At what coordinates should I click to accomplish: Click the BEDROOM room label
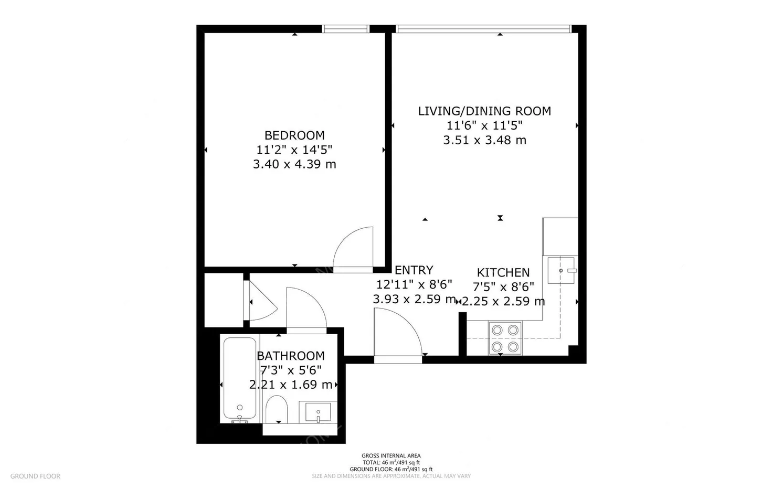tap(294, 135)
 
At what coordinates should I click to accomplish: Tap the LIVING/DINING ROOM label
tap(484, 111)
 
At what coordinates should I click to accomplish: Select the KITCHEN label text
tap(503, 272)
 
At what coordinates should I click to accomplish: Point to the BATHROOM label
tap(290, 355)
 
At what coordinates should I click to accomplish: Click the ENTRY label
tap(414, 270)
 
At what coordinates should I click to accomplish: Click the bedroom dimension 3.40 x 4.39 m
tap(294, 164)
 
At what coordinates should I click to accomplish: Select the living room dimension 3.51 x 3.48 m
tap(484, 140)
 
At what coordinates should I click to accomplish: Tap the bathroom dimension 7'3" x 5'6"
tap(290, 370)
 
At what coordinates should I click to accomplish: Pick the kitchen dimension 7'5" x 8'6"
tap(503, 287)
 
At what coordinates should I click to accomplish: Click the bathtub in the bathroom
tap(240, 379)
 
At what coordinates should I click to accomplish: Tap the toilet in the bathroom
tap(277, 409)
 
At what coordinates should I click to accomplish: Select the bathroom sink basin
tap(318, 412)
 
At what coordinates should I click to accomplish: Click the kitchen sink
tap(562, 270)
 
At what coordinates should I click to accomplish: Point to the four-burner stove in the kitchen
tap(504, 338)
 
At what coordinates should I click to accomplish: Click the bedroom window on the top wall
tap(345, 29)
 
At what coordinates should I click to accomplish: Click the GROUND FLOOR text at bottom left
tap(35, 476)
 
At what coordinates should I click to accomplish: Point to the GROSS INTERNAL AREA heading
tap(391, 456)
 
